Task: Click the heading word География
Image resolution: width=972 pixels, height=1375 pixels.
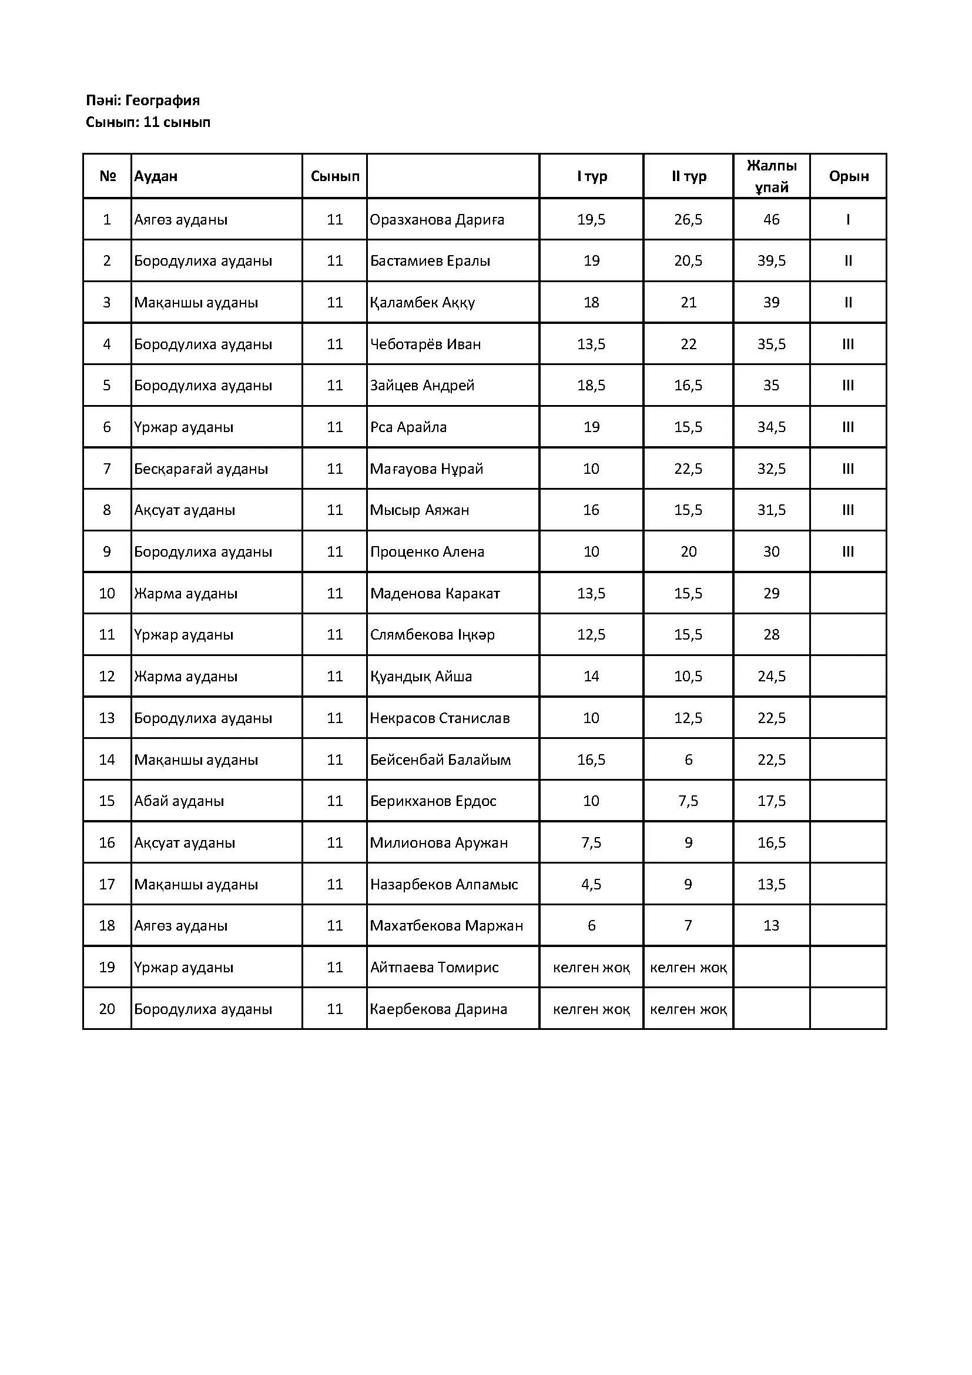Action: tap(162, 100)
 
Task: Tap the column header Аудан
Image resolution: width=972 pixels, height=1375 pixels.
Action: tap(156, 176)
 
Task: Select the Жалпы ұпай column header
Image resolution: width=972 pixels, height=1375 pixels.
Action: tap(771, 176)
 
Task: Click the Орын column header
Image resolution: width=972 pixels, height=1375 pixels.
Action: tap(848, 176)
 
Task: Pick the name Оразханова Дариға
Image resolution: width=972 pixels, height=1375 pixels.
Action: tap(437, 219)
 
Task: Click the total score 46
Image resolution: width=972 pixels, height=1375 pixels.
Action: tap(771, 219)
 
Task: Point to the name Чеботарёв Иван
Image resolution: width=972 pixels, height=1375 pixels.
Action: tap(425, 344)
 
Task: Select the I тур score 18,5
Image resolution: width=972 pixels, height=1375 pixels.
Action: tap(591, 385)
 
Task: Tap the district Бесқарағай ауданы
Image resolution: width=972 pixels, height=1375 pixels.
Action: tap(201, 469)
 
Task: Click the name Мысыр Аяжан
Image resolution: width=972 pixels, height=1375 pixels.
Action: tap(420, 510)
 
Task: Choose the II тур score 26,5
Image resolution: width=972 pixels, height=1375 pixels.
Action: tap(688, 219)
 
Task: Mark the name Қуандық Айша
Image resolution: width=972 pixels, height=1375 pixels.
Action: tap(421, 676)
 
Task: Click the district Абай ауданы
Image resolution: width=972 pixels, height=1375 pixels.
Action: tap(179, 801)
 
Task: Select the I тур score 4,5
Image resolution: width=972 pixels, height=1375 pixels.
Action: tap(591, 884)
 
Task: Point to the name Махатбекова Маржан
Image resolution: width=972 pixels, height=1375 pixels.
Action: tap(447, 925)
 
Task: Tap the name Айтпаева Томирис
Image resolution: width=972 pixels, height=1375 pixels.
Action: tap(434, 967)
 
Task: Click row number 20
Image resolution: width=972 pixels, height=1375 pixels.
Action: tap(106, 1009)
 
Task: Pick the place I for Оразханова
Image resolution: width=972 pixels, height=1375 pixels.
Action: tap(848, 219)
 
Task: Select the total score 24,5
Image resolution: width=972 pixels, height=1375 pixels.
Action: tap(771, 676)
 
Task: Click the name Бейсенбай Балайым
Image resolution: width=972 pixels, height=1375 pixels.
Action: tap(441, 760)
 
